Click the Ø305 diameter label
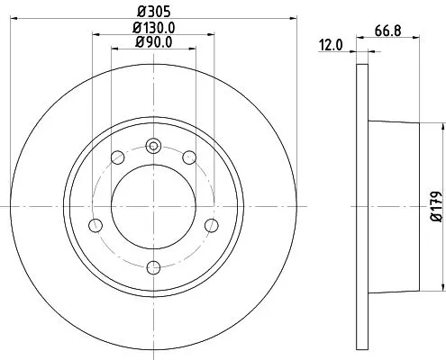tap(153, 12)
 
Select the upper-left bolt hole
tap(116, 158)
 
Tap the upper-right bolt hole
tap(190, 158)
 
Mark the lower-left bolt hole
tap(95, 225)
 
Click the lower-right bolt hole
tap(212, 225)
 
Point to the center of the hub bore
tap(153, 206)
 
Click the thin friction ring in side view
tap(362, 206)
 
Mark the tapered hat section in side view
tap(392, 206)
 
